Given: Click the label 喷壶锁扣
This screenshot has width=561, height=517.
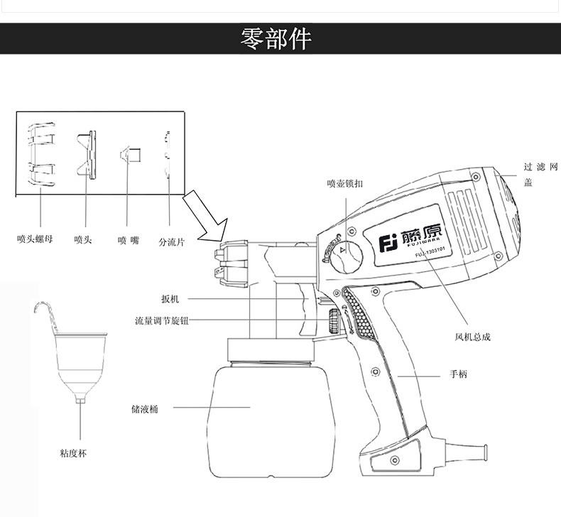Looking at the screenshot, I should click(x=346, y=183).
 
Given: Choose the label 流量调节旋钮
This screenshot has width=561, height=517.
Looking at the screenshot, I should click(x=163, y=320).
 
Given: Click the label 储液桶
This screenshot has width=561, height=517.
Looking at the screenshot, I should click(x=145, y=408).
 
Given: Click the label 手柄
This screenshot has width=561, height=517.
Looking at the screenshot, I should click(x=458, y=374).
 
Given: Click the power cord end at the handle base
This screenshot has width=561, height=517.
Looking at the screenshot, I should click(x=479, y=452).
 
